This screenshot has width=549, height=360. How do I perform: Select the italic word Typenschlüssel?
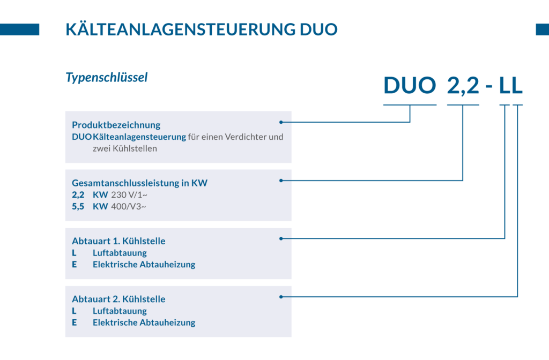coord(107,77)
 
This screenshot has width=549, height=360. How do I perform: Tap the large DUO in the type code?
coord(410,85)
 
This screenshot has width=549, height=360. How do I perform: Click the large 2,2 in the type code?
coord(463,86)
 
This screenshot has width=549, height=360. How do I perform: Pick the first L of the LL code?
coord(505,85)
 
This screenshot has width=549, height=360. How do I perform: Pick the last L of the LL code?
coord(517,85)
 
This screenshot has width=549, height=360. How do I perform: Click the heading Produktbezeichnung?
coord(116,125)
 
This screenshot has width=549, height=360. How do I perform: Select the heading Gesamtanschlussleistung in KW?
coord(139,183)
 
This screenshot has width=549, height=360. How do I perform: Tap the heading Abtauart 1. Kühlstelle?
coord(118,241)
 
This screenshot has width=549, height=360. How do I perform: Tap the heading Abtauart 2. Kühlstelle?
coord(118,299)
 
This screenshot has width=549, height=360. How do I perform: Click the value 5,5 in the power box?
coord(78,207)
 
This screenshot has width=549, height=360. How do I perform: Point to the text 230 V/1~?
coord(129,195)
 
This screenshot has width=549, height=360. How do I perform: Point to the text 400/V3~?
coord(129,207)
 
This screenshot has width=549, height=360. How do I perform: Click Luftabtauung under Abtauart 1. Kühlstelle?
coord(120,253)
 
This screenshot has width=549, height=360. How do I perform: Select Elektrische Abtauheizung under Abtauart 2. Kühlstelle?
coord(144,322)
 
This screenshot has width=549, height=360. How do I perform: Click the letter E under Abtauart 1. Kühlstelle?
coord(74,265)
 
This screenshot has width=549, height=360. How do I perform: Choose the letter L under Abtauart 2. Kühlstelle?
coord(74,311)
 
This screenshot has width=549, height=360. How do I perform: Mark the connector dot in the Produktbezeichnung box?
coord(281,122)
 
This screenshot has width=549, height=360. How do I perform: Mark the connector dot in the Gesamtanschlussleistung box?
coord(281,181)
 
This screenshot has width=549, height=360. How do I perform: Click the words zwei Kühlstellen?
coord(124,149)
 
